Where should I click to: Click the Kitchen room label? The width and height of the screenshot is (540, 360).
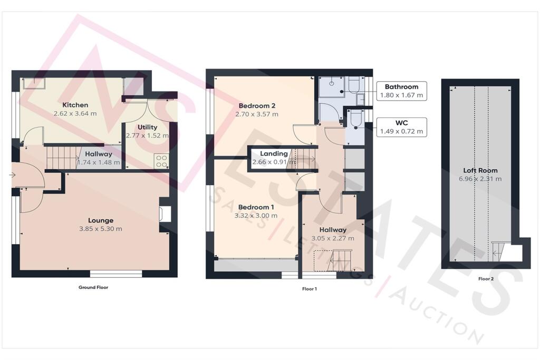(x=75, y=105)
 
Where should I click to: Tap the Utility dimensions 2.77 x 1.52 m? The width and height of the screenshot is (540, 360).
(x=148, y=135)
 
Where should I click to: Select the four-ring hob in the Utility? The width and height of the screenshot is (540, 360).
(x=161, y=161)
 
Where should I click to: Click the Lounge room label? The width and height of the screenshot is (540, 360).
(x=101, y=220)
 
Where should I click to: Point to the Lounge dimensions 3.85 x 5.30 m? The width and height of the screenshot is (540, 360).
(x=101, y=229)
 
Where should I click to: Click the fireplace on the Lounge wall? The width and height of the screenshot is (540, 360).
(x=162, y=213)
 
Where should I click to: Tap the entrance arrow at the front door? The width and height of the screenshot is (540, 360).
(x=12, y=175)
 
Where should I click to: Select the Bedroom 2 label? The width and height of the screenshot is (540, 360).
(x=257, y=105)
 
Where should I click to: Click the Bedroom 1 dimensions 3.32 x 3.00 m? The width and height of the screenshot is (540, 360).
(x=256, y=216)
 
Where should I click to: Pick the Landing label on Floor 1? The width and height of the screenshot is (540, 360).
(x=274, y=153)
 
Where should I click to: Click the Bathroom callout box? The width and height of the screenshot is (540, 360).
(x=401, y=91)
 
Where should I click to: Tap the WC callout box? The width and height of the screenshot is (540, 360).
(x=401, y=127)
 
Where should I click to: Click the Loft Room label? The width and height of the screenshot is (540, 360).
(x=480, y=170)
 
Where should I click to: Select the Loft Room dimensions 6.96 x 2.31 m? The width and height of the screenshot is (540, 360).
(x=480, y=179)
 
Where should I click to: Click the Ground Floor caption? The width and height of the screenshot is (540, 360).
(x=93, y=287)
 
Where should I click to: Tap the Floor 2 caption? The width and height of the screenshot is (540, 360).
(x=486, y=279)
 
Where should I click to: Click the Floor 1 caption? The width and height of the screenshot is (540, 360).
(x=309, y=289)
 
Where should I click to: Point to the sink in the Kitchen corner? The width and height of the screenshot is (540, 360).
(x=34, y=83)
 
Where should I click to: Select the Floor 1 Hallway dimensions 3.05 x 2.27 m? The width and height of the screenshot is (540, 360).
(x=333, y=238)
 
